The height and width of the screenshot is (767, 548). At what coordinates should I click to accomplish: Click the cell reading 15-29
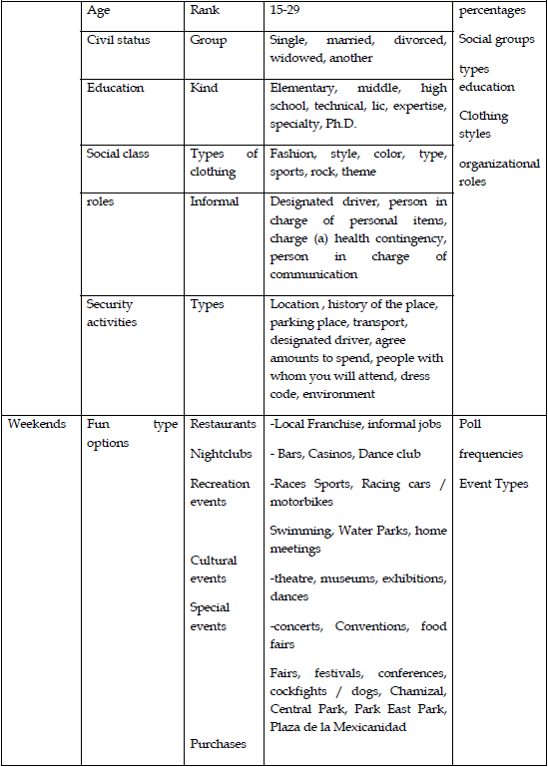click(x=285, y=12)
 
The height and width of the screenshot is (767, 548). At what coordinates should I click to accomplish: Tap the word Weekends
click(x=38, y=424)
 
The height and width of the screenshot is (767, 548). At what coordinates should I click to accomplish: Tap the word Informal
click(x=215, y=201)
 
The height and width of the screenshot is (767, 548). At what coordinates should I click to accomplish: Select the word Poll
click(x=469, y=424)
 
